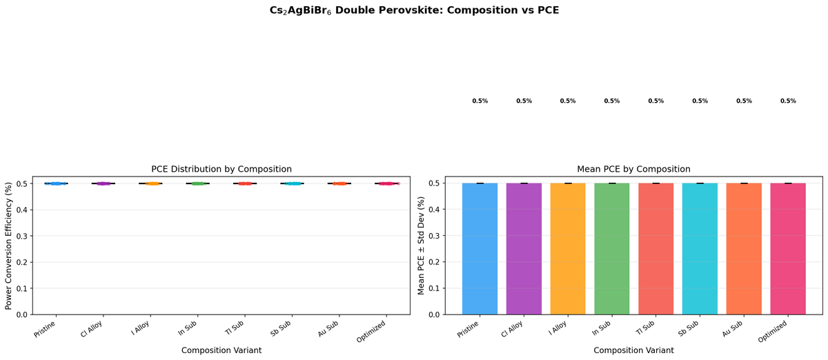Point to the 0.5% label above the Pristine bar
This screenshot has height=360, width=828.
click(480, 101)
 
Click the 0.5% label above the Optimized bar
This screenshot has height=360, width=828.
click(788, 101)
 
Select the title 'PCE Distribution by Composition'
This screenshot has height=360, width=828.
click(221, 169)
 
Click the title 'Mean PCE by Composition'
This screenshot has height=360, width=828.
click(633, 169)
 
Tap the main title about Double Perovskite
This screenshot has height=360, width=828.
click(414, 11)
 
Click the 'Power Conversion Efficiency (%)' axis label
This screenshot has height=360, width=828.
click(10, 245)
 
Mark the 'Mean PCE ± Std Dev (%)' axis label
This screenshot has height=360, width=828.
click(422, 245)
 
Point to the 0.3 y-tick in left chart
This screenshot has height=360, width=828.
click(23, 236)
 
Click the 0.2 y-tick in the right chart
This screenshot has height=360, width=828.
click(435, 262)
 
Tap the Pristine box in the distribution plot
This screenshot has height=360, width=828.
click(56, 183)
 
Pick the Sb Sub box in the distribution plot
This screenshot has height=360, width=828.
click(293, 183)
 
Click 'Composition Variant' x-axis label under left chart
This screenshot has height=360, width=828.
click(221, 350)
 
